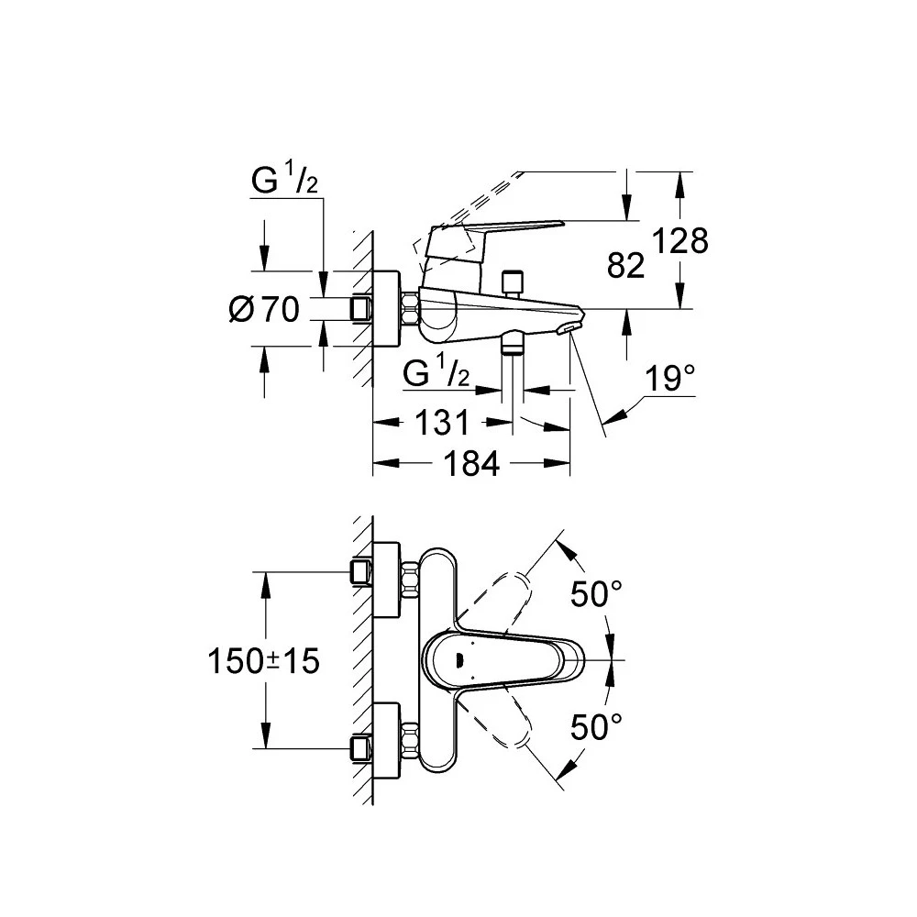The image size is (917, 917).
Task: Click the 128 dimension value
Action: point(679,240)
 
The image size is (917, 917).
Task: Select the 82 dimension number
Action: point(625,266)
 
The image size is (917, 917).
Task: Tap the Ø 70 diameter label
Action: point(264,309)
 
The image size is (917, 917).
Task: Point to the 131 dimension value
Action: point(442,422)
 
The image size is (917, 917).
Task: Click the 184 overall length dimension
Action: point(471,464)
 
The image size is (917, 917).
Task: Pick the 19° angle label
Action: point(670,378)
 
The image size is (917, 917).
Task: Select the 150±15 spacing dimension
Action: point(264,661)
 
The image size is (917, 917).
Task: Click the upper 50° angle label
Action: point(596,594)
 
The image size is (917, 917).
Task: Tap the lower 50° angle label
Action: point(596,727)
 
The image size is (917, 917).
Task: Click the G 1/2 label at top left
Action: point(285,180)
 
